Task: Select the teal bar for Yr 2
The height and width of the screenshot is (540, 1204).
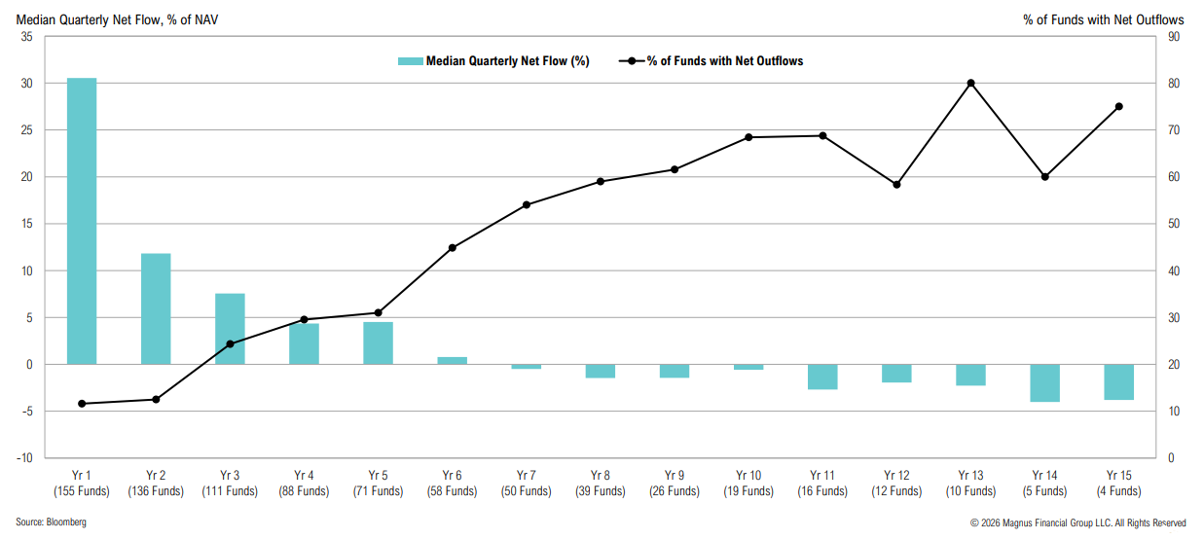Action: [x=156, y=308]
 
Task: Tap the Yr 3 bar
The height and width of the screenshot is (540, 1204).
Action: [x=230, y=329]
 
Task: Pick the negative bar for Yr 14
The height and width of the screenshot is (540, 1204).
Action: [x=1044, y=382]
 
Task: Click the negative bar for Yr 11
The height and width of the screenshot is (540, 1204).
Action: [x=822, y=377]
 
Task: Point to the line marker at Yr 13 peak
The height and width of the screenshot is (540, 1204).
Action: [x=970, y=84]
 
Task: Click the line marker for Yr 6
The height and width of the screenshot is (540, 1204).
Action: [x=453, y=248]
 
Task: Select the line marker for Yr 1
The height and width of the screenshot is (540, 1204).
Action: [x=82, y=404]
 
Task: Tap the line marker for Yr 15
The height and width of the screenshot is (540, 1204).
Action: [x=1118, y=107]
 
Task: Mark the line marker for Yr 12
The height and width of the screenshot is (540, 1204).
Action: [x=896, y=184]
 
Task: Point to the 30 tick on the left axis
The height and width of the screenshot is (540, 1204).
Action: [x=26, y=84]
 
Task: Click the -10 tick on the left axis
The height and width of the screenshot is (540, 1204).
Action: [x=24, y=458]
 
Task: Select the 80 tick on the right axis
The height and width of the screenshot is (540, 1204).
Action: [x=1175, y=84]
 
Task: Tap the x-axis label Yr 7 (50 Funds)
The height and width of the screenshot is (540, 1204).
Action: [x=527, y=484]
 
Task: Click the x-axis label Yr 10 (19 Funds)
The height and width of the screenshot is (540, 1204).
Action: [x=748, y=484]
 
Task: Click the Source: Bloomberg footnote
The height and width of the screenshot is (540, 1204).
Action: [x=51, y=523]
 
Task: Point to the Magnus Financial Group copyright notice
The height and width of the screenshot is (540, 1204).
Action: [x=1077, y=523]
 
